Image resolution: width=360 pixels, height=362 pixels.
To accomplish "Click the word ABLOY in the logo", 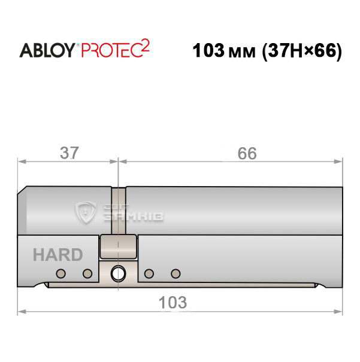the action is [x=47, y=50].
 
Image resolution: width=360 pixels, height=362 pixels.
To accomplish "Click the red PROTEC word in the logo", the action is [x=111, y=50].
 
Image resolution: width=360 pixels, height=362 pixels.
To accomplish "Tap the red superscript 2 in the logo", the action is [x=146, y=45].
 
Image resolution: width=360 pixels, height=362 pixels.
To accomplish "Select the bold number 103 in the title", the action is [x=208, y=50].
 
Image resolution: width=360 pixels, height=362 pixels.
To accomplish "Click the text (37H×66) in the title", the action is [x=302, y=51].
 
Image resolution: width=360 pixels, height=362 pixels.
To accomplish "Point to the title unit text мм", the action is [x=241, y=53].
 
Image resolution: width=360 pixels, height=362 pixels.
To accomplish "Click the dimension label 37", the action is [x=69, y=153].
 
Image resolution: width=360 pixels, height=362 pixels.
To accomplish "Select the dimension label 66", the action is [x=247, y=153].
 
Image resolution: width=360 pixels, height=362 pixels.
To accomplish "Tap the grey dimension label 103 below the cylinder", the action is [x=173, y=302].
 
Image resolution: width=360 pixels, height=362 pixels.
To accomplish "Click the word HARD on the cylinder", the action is [x=58, y=255].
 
